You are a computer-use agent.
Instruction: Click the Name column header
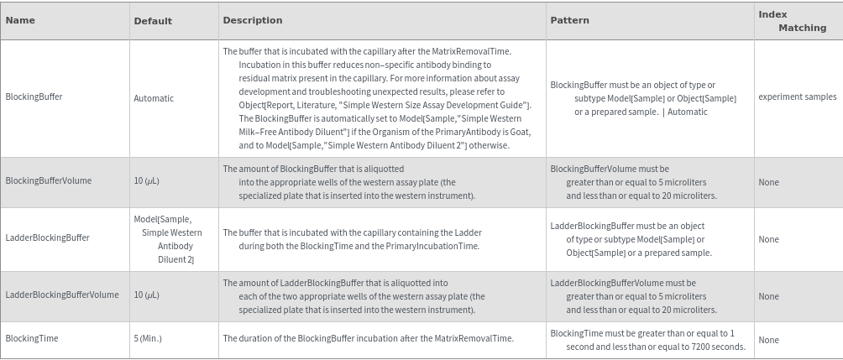pos(20,20)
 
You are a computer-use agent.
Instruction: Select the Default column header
pos(153,21)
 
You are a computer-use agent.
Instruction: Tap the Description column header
pos(253,20)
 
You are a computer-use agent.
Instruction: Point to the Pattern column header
pos(569,20)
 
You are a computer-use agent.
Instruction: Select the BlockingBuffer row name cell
pos(34,97)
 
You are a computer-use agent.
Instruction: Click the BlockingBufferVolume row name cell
pos(49,180)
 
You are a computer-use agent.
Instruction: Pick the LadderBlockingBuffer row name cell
pos(47,237)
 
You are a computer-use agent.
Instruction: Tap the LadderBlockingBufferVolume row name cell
pos(62,295)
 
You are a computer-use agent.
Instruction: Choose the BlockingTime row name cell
pos(32,338)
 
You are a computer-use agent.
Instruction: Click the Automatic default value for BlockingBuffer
pos(154,98)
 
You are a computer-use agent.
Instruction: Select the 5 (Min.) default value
pos(148,338)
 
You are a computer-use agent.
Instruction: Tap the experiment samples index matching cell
pos(797,97)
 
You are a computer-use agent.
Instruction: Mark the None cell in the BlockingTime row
pos(768,340)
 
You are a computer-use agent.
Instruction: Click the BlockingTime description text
pos(368,338)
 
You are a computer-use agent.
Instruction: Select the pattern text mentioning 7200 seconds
pos(647,340)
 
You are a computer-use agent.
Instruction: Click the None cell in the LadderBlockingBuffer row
pos(768,239)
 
